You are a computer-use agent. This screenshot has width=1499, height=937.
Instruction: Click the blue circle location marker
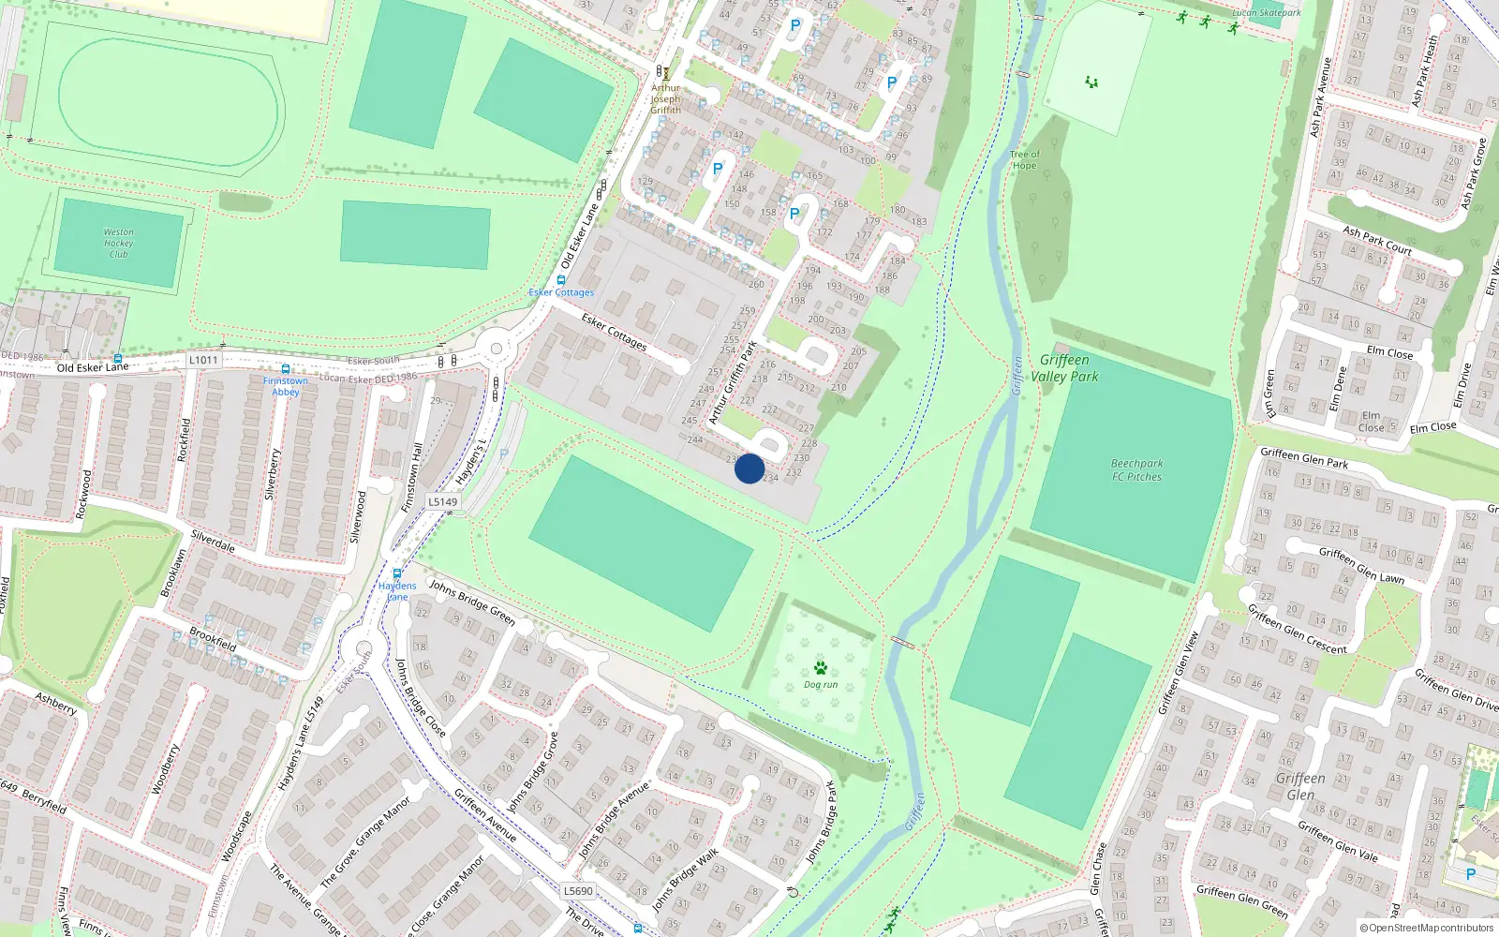[x=749, y=468]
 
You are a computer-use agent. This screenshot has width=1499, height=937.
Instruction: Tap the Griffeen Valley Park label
[x=1064, y=368]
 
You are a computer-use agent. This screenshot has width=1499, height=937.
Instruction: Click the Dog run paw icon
[x=821, y=668]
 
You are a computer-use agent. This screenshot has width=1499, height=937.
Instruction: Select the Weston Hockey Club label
[x=119, y=243]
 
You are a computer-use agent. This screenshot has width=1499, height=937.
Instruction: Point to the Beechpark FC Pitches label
[x=1136, y=470]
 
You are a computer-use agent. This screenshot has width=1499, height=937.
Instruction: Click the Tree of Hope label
[x=1024, y=160]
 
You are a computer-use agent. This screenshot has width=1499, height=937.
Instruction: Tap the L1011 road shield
[x=203, y=360]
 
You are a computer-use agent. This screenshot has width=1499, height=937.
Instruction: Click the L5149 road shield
[x=443, y=502]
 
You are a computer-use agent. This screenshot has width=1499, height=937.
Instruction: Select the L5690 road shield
[x=578, y=891]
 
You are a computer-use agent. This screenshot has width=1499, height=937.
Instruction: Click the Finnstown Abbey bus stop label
[x=285, y=386]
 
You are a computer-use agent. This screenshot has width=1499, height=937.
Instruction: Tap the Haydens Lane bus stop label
[x=397, y=591]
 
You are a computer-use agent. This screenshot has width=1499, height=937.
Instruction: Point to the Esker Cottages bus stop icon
[x=560, y=280]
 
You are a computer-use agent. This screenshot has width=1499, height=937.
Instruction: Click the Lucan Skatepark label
[x=1266, y=13]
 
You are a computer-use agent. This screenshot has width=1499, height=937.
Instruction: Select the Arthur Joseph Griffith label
[x=666, y=99]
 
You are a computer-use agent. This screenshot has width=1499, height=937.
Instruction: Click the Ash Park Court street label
[x=1376, y=240]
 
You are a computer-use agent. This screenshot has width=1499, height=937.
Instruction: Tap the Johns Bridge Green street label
[x=472, y=602]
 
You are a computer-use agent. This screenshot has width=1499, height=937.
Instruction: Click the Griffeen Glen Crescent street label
[x=1297, y=629]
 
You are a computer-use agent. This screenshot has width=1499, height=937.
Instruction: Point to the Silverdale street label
[x=213, y=542]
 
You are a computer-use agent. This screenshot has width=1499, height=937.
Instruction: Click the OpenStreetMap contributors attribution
[x=1426, y=929]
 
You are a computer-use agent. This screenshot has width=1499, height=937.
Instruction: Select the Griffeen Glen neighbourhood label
[x=1300, y=786]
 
